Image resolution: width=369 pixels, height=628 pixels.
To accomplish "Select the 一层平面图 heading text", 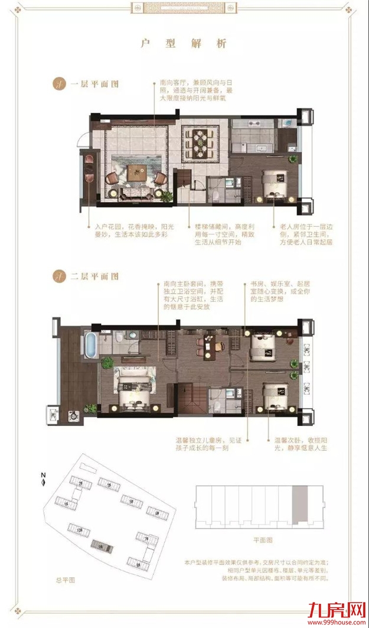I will (x=94, y=84).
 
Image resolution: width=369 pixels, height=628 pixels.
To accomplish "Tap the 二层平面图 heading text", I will (x=94, y=276).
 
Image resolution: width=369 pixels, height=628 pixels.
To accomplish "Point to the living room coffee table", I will (x=137, y=172).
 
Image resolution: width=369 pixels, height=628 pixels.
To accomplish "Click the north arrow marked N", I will (x=43, y=479).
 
